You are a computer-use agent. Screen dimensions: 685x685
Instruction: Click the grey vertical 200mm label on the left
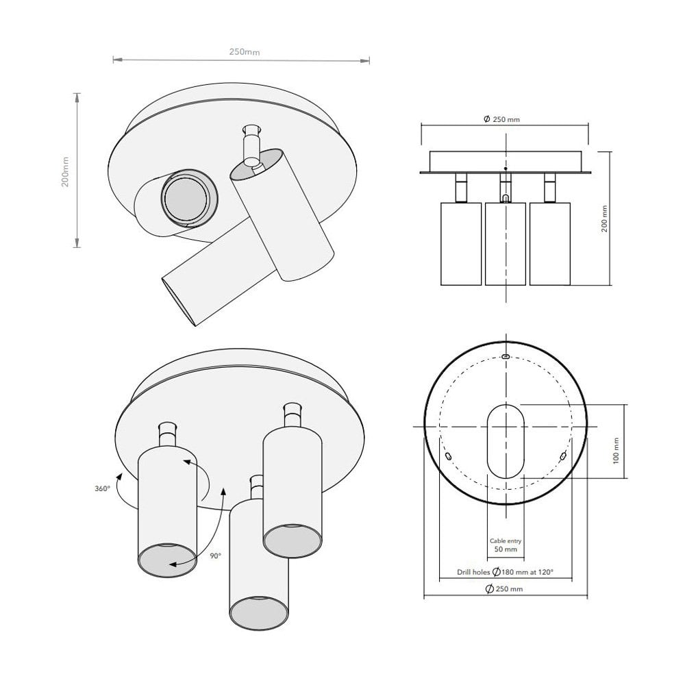click(x=66, y=171)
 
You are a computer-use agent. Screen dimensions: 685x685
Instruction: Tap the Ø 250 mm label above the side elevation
click(x=501, y=119)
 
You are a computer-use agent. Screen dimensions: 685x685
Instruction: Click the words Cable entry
click(x=506, y=540)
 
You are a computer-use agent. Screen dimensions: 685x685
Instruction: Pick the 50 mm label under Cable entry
click(x=506, y=549)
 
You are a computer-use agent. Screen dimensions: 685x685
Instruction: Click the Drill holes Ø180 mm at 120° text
click(x=505, y=572)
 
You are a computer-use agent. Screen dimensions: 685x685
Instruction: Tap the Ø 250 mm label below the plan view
click(x=505, y=589)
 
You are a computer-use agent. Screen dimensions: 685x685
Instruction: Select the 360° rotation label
click(x=103, y=489)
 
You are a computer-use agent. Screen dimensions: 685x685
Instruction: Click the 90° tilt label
click(x=216, y=556)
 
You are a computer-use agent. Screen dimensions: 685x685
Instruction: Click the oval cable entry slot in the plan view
click(x=506, y=440)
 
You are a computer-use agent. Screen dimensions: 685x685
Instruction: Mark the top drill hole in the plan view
click(x=506, y=357)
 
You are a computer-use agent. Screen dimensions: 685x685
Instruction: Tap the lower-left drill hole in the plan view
click(x=448, y=456)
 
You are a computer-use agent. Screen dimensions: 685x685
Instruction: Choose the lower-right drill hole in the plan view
click(x=563, y=456)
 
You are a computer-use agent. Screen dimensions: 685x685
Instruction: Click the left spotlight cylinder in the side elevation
click(x=460, y=243)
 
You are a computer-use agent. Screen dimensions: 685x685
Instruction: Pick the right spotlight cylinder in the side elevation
click(x=549, y=243)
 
